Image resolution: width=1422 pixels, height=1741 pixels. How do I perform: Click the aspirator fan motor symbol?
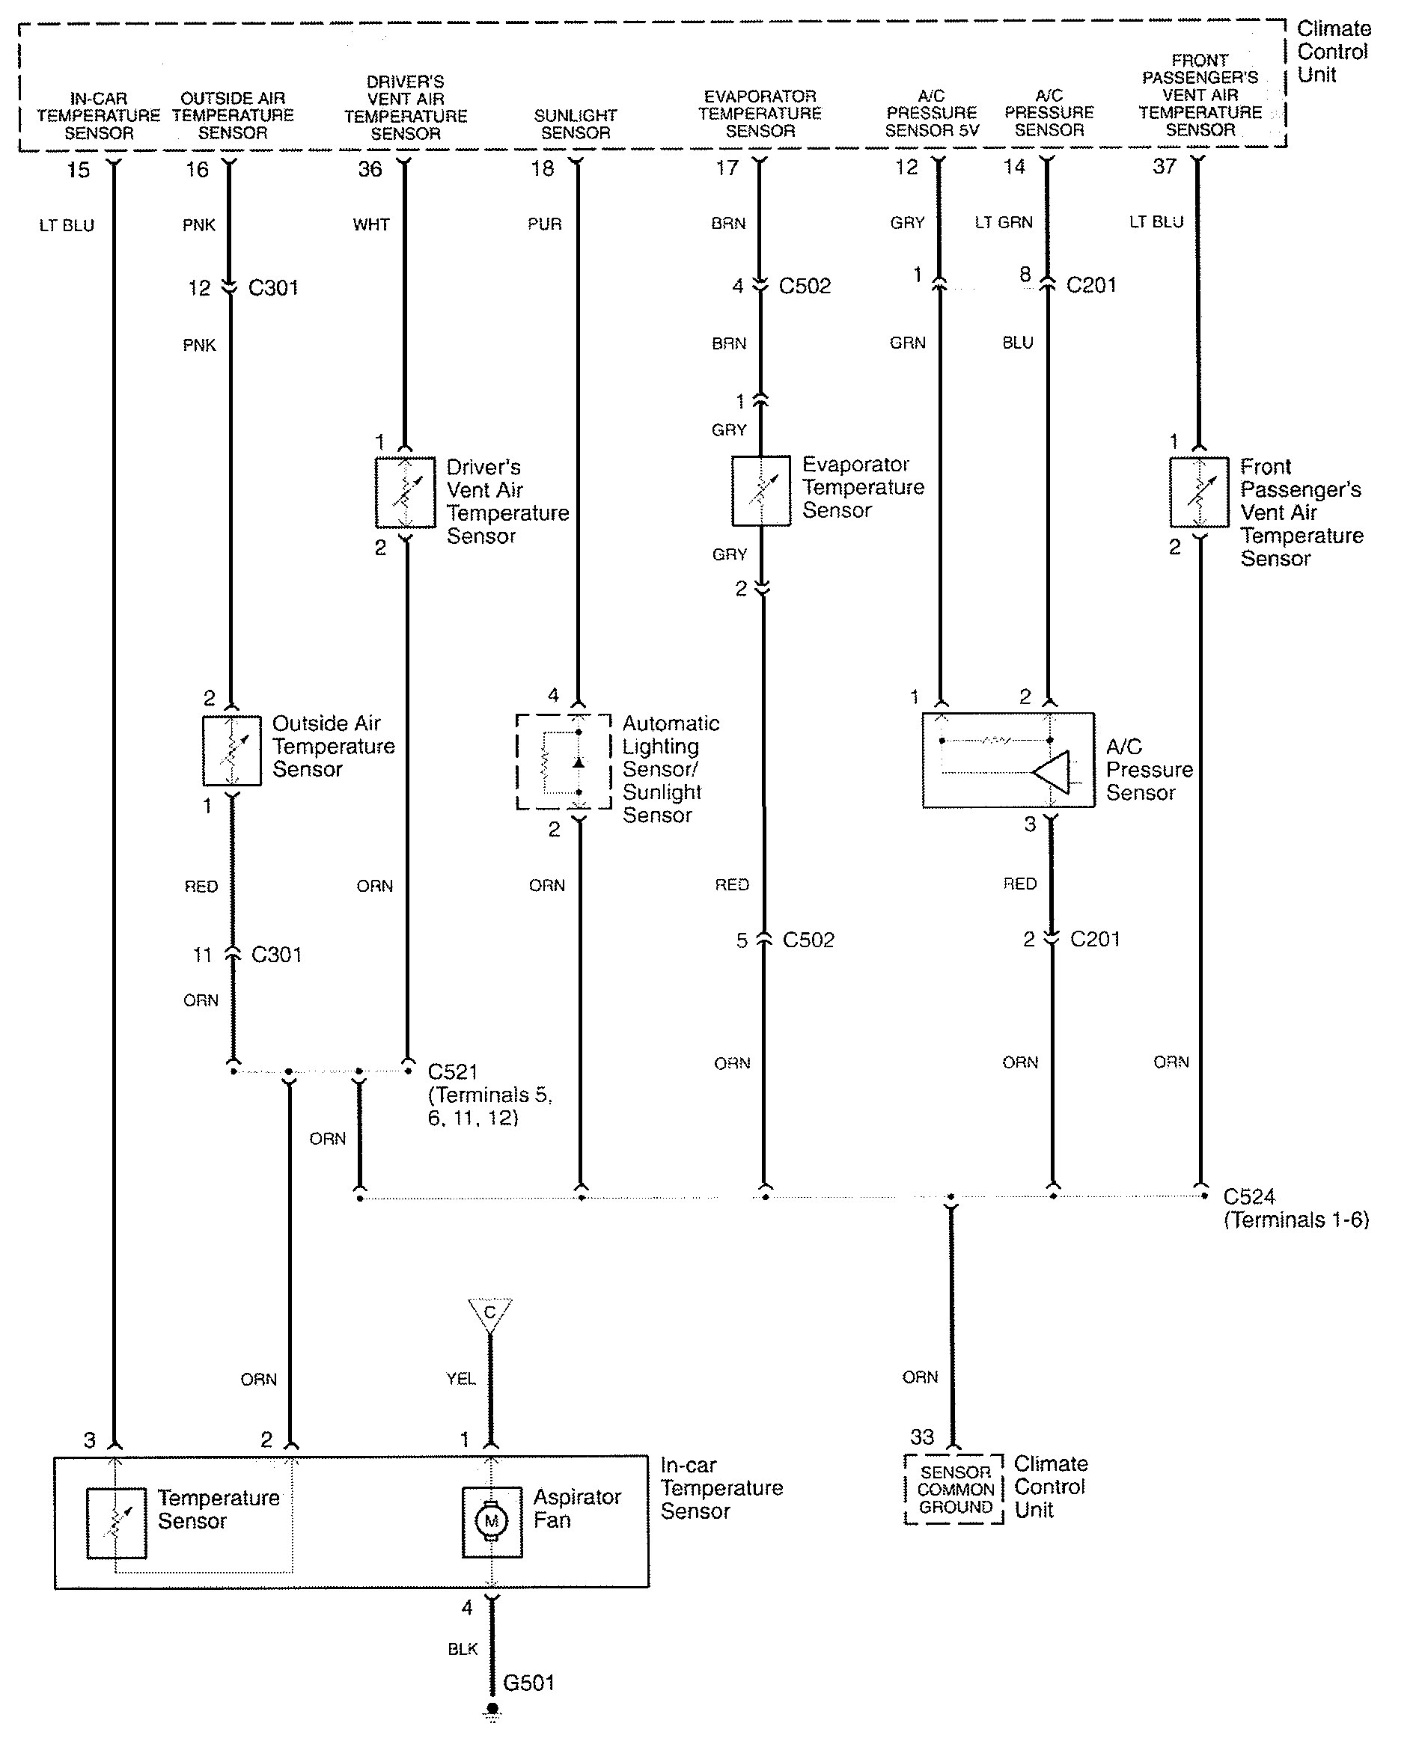point(492,1522)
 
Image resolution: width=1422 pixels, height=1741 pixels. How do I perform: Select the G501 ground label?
point(529,1683)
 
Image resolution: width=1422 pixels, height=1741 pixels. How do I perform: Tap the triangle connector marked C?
point(489,1315)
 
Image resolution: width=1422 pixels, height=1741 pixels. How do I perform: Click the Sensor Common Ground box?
point(954,1490)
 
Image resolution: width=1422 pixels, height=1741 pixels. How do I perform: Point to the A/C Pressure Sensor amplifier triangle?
point(1050,771)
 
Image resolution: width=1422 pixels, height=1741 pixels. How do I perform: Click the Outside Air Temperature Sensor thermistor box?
point(232,751)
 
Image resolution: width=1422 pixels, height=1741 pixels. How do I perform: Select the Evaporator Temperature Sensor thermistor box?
point(761,491)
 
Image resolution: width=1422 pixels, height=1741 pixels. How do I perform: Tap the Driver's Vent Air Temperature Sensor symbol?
point(405,492)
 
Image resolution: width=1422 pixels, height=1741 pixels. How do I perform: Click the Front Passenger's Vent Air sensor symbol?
point(1199,492)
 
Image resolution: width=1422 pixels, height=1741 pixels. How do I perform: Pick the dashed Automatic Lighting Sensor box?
point(564,762)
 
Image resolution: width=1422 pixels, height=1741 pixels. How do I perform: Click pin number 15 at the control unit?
point(79,170)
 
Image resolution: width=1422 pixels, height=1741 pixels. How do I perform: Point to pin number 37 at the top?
point(1165,166)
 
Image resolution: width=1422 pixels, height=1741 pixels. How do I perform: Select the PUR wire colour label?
point(545,224)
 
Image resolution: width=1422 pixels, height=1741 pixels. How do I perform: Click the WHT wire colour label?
point(371,224)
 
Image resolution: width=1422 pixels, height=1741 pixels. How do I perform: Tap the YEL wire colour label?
point(461,1378)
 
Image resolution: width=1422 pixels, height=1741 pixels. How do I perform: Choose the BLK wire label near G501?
point(463,1648)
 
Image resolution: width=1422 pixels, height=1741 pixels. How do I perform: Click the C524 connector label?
point(1250,1196)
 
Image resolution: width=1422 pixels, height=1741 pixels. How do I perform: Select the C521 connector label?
point(453,1071)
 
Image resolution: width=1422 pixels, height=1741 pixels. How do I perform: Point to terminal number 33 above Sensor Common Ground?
point(922,1436)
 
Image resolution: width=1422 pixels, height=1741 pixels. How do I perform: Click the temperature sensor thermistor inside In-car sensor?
point(116,1523)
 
